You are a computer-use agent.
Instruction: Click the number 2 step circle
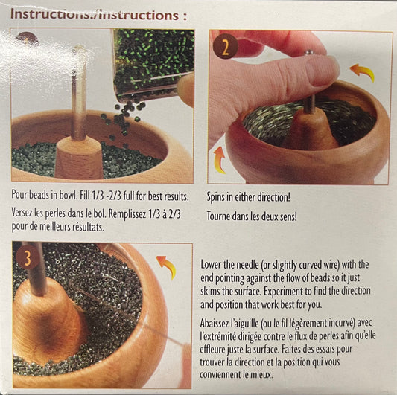point(225,47)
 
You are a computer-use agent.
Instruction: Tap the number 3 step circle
point(28,258)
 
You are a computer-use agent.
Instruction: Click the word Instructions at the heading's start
point(48,14)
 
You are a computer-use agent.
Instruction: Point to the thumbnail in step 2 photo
point(323,71)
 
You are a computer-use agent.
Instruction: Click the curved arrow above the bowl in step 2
point(362,72)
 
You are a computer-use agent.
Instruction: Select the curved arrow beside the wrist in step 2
point(219,161)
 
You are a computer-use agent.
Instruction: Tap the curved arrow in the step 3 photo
point(166,266)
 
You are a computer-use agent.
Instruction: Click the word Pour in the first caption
point(19,195)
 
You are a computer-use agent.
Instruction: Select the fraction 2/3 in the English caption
point(114,196)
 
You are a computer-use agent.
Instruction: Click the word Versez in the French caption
point(22,213)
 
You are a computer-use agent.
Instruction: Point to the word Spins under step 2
point(216,197)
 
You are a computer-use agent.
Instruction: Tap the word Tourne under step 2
point(219,216)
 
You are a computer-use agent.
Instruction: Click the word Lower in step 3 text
point(211,265)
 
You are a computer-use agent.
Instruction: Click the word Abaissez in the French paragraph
point(215,323)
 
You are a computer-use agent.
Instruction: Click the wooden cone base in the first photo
point(78,157)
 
